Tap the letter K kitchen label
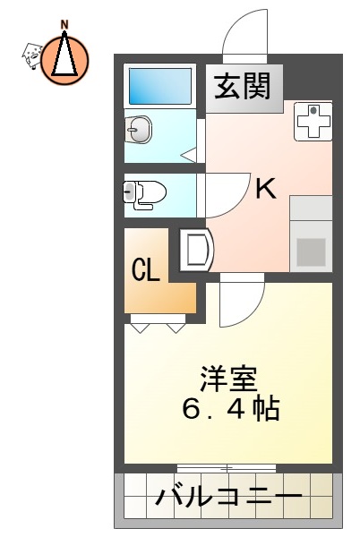(x=266, y=189)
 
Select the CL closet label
(x=147, y=269)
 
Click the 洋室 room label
(x=229, y=378)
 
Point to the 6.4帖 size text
(x=229, y=409)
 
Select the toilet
(x=143, y=193)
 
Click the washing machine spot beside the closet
(x=195, y=250)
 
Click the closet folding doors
(x=159, y=323)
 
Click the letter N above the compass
(x=65, y=23)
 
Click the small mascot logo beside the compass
(x=31, y=55)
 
